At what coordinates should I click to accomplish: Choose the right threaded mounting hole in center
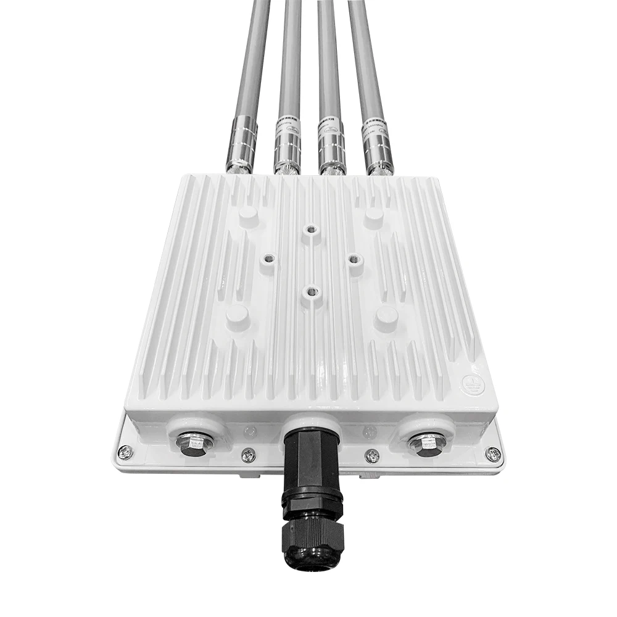point(353,260)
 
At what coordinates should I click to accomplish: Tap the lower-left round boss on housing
point(238,315)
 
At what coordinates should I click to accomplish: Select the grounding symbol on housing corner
point(474,383)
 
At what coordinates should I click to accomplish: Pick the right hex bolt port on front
point(426,442)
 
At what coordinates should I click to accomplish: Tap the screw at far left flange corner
point(125,452)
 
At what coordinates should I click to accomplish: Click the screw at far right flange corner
point(492,454)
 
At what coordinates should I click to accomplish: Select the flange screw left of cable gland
point(248,455)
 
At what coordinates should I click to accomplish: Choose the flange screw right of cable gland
point(372,455)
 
